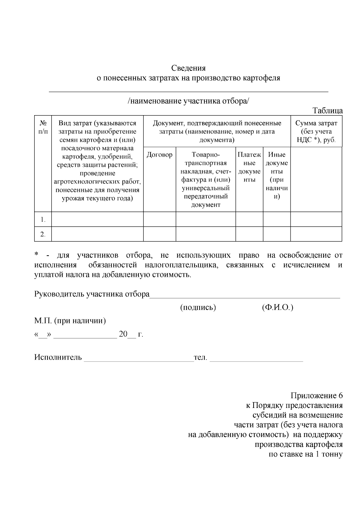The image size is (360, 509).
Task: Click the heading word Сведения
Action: [188, 68]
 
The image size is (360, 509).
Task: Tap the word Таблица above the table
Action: [328, 110]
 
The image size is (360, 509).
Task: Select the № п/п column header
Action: [43, 127]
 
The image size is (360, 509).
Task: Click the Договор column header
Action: [159, 155]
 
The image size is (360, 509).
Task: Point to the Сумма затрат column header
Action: [316, 131]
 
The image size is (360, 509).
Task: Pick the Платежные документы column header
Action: [249, 167]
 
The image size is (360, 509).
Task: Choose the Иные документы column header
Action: [277, 175]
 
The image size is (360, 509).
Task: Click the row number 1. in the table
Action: [43, 220]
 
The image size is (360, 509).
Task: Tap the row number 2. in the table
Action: [43, 234]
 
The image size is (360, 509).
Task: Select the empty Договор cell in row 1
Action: [159, 219]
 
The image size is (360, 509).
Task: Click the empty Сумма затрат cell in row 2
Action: [316, 234]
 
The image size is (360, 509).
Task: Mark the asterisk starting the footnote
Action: [36, 255]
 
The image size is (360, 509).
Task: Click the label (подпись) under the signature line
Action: [198, 308]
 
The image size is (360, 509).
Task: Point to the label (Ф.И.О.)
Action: [277, 308]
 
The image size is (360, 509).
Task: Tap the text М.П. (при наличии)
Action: [70, 321]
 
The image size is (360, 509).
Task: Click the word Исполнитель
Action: [58, 357]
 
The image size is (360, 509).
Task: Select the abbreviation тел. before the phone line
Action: [201, 357]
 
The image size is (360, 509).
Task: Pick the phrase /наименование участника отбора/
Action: [188, 101]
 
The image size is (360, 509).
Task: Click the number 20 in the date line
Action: [123, 334]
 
